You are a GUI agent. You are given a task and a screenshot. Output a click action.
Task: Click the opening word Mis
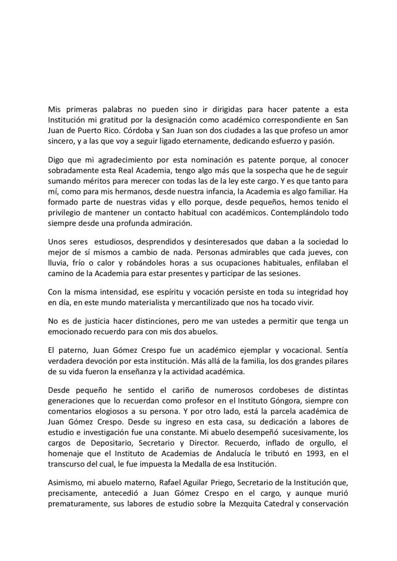coord(55,108)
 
